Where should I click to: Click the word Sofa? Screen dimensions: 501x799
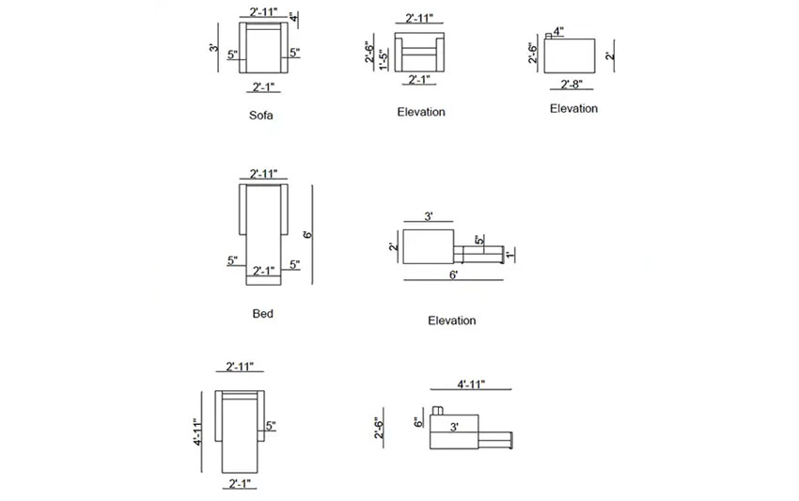(x=262, y=117)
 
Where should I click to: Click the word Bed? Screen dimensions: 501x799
(x=263, y=313)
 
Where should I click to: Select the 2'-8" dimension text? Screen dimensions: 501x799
(x=572, y=85)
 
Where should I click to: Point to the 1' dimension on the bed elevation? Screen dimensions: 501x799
(x=509, y=254)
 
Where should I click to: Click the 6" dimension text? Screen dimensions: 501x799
(x=419, y=424)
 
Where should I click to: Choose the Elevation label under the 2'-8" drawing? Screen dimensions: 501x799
(x=573, y=108)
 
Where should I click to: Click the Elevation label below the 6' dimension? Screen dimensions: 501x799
(x=451, y=321)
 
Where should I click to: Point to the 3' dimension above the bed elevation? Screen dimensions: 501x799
(x=429, y=217)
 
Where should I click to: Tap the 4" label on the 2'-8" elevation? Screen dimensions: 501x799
(x=558, y=31)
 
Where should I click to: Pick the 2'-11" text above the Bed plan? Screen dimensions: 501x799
(x=264, y=174)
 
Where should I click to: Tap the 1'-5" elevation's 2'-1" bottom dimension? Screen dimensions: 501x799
(x=420, y=79)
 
